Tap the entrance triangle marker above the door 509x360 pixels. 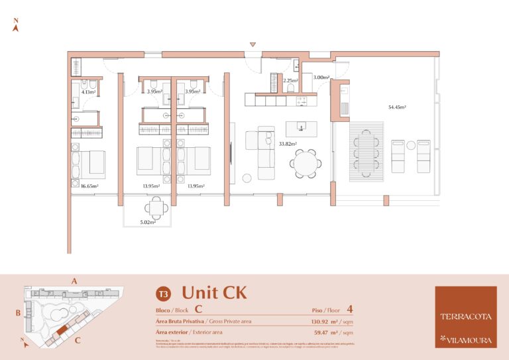pyautogui.click(x=253, y=44)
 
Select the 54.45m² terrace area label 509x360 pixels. pyautogui.click(x=397, y=107)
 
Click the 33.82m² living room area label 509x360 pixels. pyautogui.click(x=288, y=143)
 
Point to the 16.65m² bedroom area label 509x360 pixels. pyautogui.click(x=89, y=186)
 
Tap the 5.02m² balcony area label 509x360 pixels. pyautogui.click(x=147, y=222)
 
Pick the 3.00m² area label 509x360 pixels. pyautogui.click(x=321, y=78)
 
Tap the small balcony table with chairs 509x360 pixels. pyautogui.click(x=157, y=209)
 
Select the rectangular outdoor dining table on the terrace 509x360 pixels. pyautogui.click(x=367, y=150)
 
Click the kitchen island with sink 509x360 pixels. pyautogui.click(x=301, y=128)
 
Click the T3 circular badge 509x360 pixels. pyautogui.click(x=162, y=293)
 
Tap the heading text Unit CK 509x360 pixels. pyautogui.click(x=214, y=292)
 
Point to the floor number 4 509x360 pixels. pyautogui.click(x=349, y=309)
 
